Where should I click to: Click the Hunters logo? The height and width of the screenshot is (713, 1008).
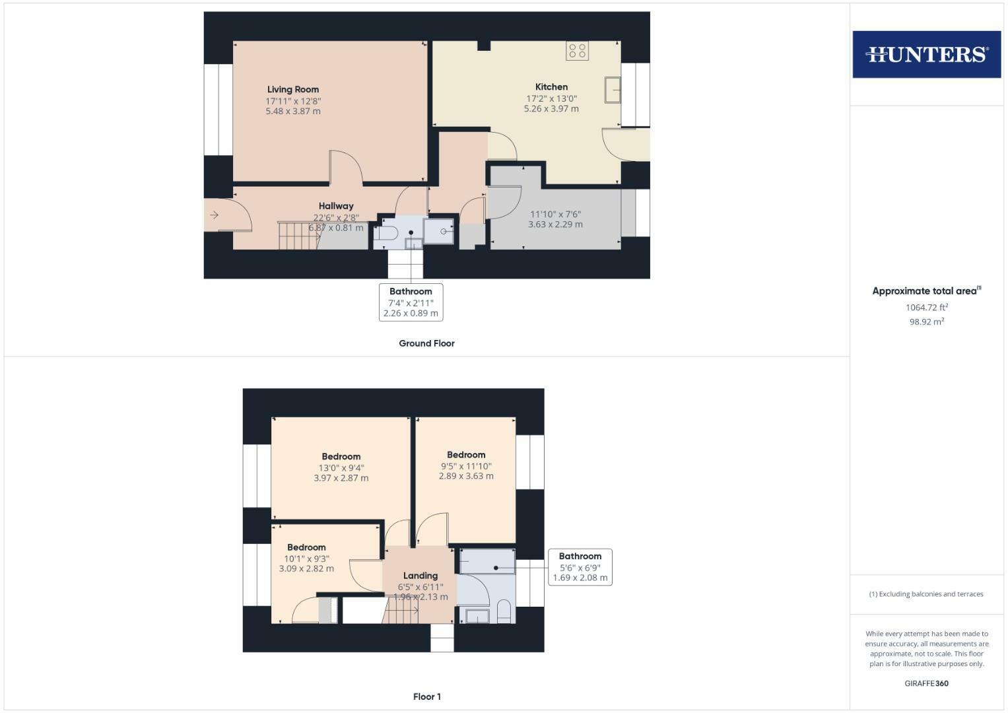click(x=926, y=54)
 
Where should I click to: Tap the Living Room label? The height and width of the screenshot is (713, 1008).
click(x=293, y=90)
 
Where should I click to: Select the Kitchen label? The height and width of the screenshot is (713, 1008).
click(x=551, y=87)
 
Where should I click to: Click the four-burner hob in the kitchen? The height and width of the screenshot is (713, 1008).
click(x=577, y=51)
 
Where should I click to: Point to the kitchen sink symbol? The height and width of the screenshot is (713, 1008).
click(x=613, y=90)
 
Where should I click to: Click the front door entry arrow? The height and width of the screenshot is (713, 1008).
click(x=214, y=215)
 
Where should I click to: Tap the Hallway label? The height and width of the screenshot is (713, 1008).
click(x=336, y=206)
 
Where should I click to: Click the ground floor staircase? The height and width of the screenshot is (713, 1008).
click(x=298, y=236)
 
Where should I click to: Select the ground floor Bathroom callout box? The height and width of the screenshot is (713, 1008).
click(x=411, y=302)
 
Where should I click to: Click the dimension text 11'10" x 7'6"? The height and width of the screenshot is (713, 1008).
click(x=555, y=214)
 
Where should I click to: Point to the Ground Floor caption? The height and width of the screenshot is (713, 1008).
click(x=426, y=343)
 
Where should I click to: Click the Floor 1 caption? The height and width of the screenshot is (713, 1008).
click(x=426, y=696)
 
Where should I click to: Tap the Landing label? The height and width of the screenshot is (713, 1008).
click(x=420, y=576)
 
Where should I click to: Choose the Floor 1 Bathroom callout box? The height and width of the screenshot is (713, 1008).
click(x=580, y=567)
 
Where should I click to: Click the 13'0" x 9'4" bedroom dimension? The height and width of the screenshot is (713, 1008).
click(x=341, y=467)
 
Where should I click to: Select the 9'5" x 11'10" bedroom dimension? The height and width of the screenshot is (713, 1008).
click(x=466, y=465)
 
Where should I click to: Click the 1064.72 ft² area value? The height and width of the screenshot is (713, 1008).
click(x=926, y=308)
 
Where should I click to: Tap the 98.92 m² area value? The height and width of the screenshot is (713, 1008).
click(x=926, y=322)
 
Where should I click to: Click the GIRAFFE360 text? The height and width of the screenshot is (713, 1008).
click(x=926, y=683)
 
